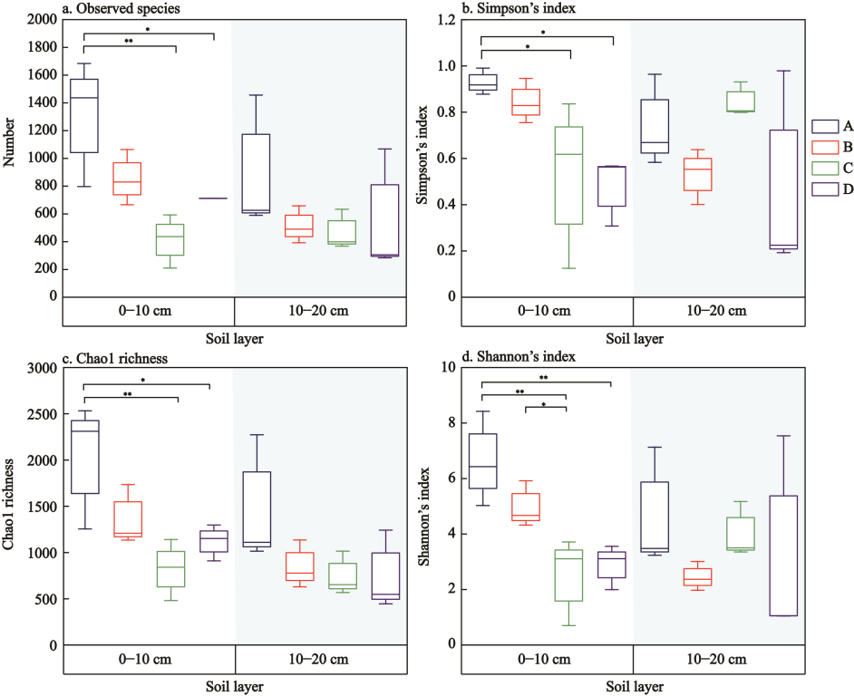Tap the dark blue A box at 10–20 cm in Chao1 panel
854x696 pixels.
pyautogui.click(x=257, y=509)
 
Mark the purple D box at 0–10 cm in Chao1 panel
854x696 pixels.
pyautogui.click(x=215, y=541)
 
